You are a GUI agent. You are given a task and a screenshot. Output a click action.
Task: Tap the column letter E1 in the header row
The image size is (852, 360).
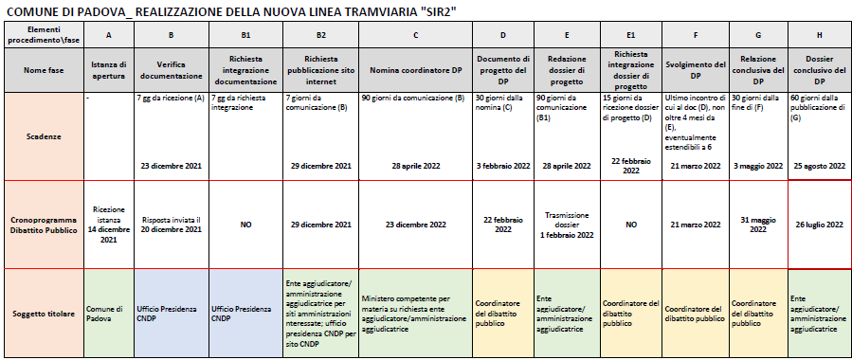[x=631, y=35]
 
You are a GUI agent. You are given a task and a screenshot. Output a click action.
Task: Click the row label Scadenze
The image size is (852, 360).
[x=42, y=135]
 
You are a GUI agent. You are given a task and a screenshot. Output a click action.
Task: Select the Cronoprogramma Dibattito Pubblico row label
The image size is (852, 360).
[x=42, y=225]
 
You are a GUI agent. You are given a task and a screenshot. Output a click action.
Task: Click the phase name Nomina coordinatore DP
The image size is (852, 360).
[x=416, y=69]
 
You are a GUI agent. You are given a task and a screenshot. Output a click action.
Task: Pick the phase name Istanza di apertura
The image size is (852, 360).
[x=109, y=69]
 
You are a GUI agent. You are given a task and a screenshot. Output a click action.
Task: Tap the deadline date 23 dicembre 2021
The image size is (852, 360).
[x=172, y=166]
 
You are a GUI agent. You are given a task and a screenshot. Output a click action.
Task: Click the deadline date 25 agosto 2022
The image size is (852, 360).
[x=819, y=166]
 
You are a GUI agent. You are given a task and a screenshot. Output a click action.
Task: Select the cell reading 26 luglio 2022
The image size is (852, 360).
[x=819, y=225]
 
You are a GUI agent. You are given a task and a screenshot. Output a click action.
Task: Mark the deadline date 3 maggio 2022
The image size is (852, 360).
[x=757, y=166]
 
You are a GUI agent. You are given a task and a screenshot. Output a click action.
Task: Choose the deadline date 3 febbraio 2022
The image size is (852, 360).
[x=503, y=166]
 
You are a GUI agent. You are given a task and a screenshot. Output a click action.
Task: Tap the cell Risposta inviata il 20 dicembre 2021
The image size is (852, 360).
[x=172, y=225]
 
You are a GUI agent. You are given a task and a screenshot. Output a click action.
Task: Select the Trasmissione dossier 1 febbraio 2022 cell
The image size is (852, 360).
[x=566, y=225]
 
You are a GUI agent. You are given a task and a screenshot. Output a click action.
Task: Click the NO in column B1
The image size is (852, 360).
[x=245, y=225]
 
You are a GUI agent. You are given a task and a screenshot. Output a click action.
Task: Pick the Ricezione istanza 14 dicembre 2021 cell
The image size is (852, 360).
[x=109, y=225]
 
